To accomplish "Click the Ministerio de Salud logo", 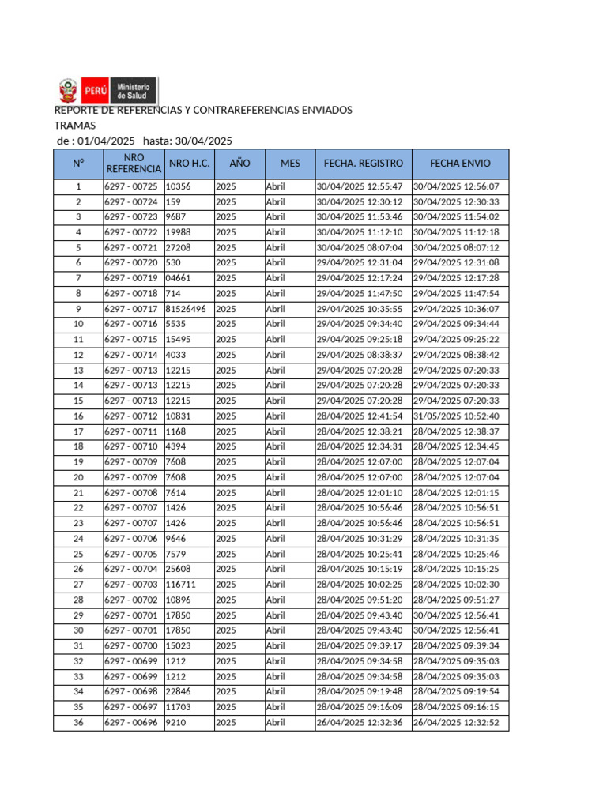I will [x=108, y=90].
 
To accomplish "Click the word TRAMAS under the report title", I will [x=74, y=126].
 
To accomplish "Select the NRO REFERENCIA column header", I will [x=134, y=164].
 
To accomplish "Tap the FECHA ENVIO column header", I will [x=460, y=164].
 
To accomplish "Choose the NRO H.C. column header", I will [x=189, y=164].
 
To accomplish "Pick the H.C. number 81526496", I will [x=187, y=309].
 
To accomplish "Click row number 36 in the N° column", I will [x=78, y=722].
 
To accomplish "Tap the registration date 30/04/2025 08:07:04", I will [x=360, y=248].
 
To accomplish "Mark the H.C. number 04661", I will [x=179, y=278].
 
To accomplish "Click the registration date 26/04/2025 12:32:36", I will [x=360, y=722].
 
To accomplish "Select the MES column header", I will [x=290, y=164].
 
